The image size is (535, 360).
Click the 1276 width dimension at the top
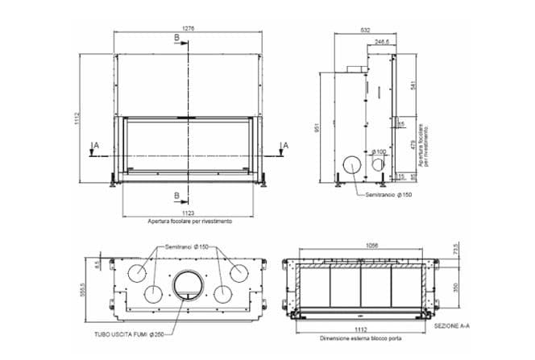189,28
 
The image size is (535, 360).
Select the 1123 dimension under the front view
189,213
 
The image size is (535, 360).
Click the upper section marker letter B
176,38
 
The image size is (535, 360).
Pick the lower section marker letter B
176,195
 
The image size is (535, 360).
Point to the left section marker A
96,144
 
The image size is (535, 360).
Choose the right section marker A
282,144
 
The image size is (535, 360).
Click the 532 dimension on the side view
366,30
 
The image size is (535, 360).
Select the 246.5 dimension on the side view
382,39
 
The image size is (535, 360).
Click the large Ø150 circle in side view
353,164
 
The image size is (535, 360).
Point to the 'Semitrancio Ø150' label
388,194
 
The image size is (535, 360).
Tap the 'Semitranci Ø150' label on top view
187,246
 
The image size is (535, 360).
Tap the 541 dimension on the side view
413,85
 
